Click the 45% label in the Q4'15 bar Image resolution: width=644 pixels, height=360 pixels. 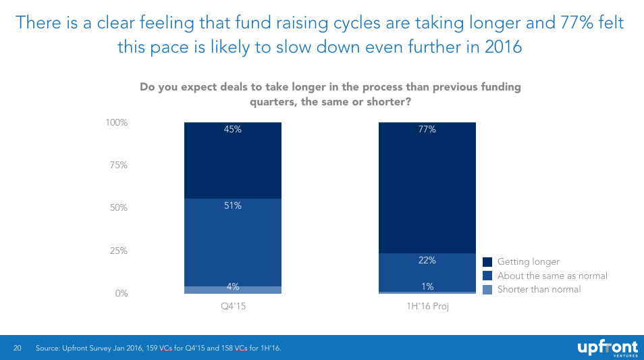[232, 130]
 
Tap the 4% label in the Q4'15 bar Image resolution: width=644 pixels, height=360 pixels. [232, 286]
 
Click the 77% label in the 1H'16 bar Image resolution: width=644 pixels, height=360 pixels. [427, 130]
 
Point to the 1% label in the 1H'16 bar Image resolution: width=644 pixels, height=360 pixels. [427, 286]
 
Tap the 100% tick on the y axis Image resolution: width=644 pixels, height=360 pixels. [115, 123]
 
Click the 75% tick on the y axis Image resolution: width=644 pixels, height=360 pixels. [117, 165]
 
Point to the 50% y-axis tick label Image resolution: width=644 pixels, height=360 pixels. [117, 208]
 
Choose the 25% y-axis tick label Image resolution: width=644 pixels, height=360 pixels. [117, 251]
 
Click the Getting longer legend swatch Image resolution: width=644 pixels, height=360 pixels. [489, 262]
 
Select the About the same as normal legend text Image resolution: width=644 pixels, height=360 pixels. [552, 276]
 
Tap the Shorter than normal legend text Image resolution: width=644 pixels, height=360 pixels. [539, 289]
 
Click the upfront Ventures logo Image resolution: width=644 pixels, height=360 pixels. [607, 348]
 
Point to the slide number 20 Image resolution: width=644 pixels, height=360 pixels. [18, 348]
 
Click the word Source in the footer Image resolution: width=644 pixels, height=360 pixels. [49, 348]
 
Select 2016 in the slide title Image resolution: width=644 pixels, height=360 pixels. [502, 47]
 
